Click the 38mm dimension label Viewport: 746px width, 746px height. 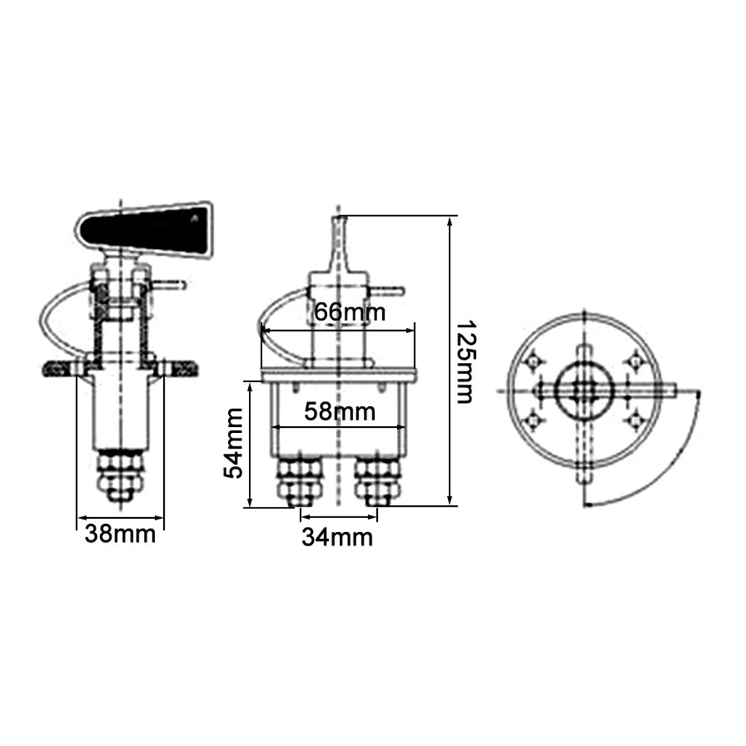pyautogui.click(x=120, y=534)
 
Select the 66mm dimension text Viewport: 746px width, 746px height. pyautogui.click(x=350, y=312)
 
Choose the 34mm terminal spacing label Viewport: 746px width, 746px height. pyautogui.click(x=337, y=536)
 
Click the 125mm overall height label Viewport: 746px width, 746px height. pyautogui.click(x=465, y=361)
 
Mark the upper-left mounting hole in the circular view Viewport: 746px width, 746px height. pyautogui.click(x=532, y=361)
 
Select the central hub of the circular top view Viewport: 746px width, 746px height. pyautogui.click(x=584, y=390)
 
